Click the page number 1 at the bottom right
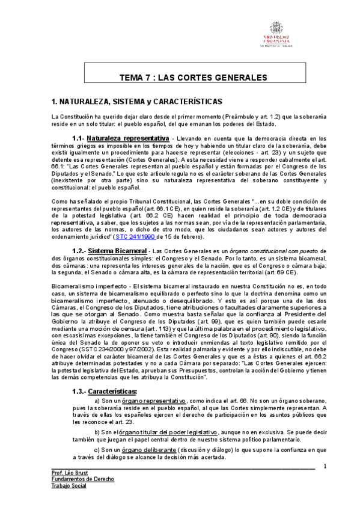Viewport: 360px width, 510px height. (325, 466)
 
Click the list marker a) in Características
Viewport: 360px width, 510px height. (99, 400)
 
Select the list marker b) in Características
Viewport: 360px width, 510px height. (99, 432)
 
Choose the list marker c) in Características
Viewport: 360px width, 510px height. (99, 449)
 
